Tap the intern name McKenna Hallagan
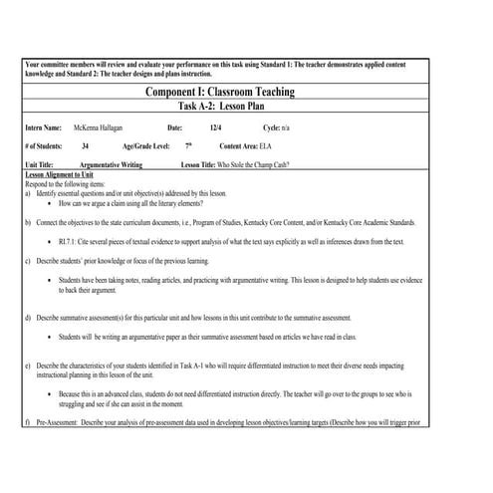pos(100,128)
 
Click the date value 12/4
pos(216,128)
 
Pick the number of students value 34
pos(85,146)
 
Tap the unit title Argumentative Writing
pos(110,164)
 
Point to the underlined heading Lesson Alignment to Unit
pos(59,173)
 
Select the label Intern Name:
pos(42,128)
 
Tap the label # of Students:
pos(44,146)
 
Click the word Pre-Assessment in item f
pos(61,424)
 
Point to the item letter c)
pos(27,260)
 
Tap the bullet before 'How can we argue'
pos(50,201)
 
